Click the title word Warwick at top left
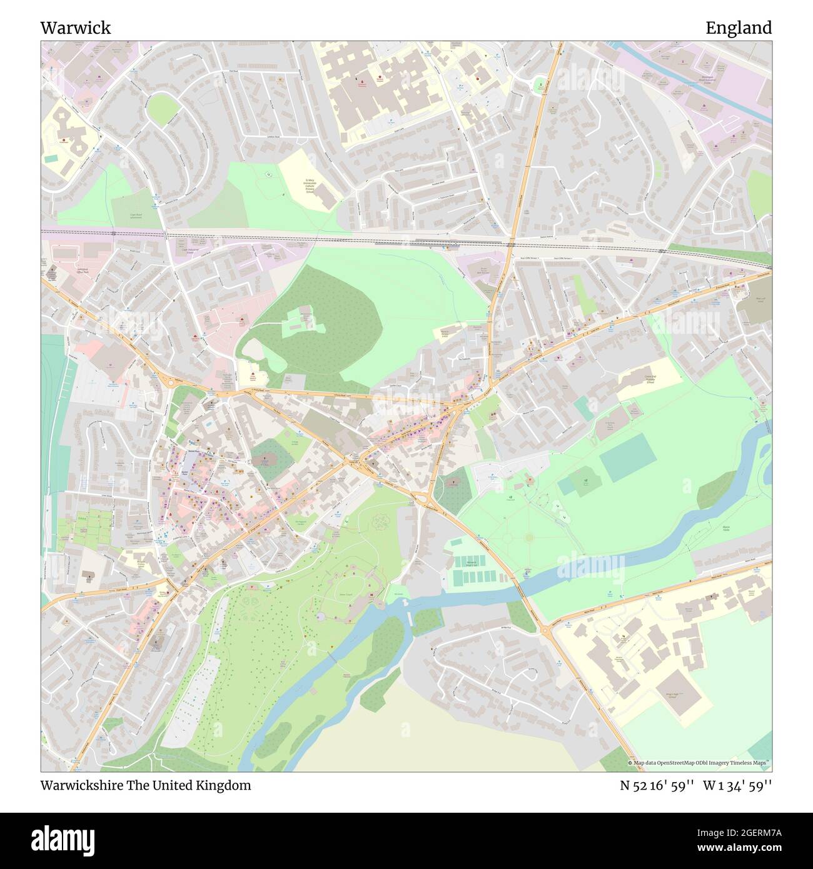[x=76, y=28]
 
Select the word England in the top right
[x=738, y=28]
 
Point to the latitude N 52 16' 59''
[x=657, y=785]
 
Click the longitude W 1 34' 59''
[x=737, y=785]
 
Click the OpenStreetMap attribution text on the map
[x=699, y=763]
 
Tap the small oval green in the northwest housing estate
[x=163, y=111]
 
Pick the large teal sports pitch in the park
[x=627, y=456]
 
